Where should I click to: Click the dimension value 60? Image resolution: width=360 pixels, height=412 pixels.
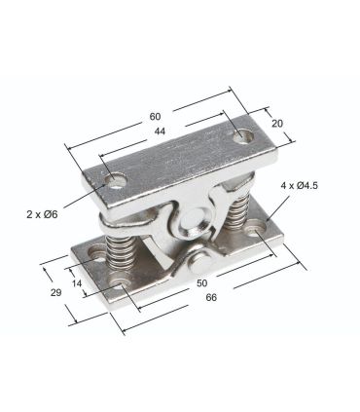[155, 116]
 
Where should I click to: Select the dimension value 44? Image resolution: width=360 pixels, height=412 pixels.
[160, 131]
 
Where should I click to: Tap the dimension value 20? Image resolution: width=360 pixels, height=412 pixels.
[277, 124]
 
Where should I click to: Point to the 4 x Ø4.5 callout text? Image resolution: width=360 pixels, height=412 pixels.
[300, 186]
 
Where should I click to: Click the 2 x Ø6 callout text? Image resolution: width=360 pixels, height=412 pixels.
[42, 214]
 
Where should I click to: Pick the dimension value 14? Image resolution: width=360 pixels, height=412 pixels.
[77, 283]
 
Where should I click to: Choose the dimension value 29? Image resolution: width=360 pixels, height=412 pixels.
[55, 292]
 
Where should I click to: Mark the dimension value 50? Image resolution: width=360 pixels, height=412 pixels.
[201, 283]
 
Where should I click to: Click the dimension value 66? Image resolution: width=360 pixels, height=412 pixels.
[211, 297]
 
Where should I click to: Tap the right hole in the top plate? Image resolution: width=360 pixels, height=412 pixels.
[243, 136]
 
